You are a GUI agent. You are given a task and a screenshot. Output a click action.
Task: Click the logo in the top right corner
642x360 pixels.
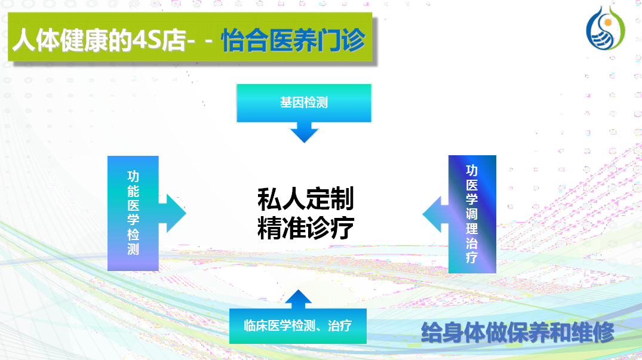point(606,28)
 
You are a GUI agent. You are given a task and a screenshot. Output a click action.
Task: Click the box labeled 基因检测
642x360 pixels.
point(304,103)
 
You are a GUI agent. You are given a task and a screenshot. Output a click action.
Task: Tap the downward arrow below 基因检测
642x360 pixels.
point(304,133)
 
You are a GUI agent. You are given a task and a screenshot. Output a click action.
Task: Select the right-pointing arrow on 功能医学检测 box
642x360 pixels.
point(173,213)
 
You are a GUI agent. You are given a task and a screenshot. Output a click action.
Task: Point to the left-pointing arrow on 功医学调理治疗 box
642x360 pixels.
point(435,214)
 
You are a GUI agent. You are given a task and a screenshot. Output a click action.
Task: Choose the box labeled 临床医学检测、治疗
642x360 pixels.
point(297,326)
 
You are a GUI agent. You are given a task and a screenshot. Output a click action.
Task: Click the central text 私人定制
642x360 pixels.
point(305,199)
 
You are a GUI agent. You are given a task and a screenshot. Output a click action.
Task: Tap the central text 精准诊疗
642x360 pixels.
point(305,227)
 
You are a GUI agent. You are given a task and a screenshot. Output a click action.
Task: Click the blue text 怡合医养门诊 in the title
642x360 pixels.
point(293,40)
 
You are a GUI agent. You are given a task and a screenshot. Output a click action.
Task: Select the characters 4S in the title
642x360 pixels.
point(148,40)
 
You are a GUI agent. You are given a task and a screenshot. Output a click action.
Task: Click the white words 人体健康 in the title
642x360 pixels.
point(60,40)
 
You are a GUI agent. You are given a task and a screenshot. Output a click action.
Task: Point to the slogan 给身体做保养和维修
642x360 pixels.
point(518,332)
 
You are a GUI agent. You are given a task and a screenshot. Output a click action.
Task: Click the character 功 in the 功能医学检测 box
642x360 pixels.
point(133,177)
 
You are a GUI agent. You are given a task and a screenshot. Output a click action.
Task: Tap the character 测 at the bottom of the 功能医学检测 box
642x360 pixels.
point(133,249)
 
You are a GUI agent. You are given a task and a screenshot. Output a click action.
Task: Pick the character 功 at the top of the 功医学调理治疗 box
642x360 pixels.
point(472,171)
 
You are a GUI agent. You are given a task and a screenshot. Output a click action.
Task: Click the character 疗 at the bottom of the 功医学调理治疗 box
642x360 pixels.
point(472,257)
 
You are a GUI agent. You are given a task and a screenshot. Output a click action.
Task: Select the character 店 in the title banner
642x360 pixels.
point(174,40)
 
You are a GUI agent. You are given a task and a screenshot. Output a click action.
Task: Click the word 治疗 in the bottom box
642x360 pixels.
point(340,325)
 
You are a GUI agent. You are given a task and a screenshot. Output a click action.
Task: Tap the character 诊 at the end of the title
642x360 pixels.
point(354,40)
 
